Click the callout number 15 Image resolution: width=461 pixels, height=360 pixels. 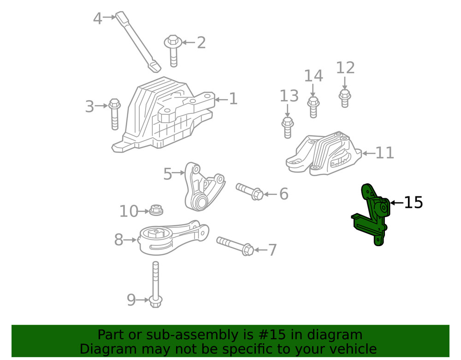(x=414, y=202)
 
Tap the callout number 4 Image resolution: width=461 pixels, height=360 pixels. (x=97, y=18)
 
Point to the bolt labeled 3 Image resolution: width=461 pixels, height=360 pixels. (x=114, y=112)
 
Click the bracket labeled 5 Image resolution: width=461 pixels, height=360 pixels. (x=203, y=187)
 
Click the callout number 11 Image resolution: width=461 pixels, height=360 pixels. (x=384, y=153)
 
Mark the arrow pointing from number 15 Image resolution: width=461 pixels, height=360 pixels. (x=396, y=202)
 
